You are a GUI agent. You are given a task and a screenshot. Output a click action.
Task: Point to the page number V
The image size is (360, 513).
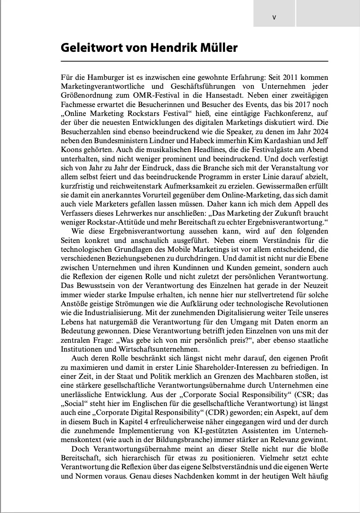point(274,17)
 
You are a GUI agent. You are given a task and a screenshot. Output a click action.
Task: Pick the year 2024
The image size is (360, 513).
point(317,131)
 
